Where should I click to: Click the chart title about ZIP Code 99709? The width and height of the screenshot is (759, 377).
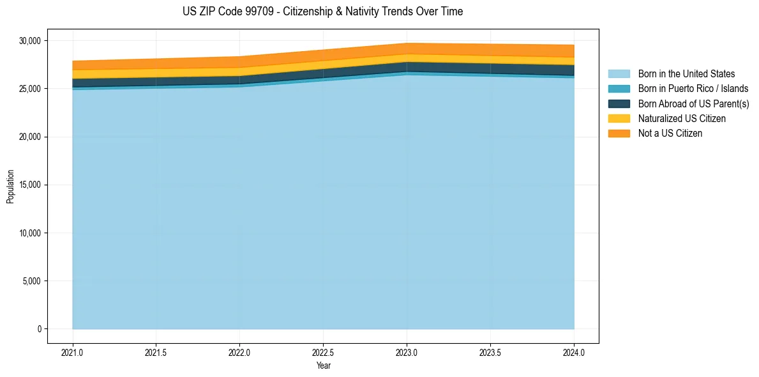point(322,12)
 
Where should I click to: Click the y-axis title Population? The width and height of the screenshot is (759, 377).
point(10,186)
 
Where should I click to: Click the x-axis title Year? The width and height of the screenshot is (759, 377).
point(323,365)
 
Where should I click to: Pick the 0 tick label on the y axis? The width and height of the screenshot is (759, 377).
point(39,329)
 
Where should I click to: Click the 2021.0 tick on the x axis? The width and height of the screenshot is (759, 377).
point(73,352)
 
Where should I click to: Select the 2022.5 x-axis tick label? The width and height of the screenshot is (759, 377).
point(323,352)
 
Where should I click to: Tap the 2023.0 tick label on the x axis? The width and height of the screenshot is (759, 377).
point(407,352)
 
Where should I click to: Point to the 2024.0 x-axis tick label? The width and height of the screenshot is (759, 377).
point(574,352)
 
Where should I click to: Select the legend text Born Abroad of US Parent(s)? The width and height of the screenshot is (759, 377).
point(693,104)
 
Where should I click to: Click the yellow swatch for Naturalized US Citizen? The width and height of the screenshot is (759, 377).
point(619,119)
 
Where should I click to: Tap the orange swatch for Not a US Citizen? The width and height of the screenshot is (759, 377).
point(619,134)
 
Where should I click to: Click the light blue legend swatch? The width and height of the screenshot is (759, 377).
point(619,74)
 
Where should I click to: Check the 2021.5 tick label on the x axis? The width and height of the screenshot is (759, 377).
point(156,352)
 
